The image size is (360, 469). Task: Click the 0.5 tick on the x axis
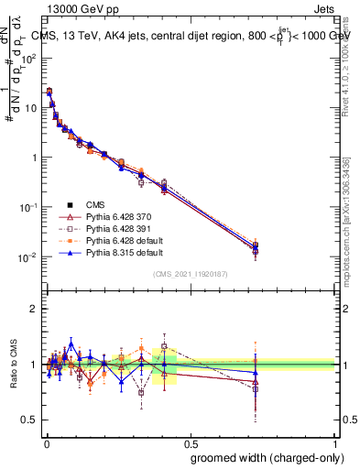coord(191,442)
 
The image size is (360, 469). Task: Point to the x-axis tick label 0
coord(46,442)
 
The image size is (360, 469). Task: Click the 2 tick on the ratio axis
coord(34,308)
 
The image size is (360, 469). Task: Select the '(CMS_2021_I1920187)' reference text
coord(191,273)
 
